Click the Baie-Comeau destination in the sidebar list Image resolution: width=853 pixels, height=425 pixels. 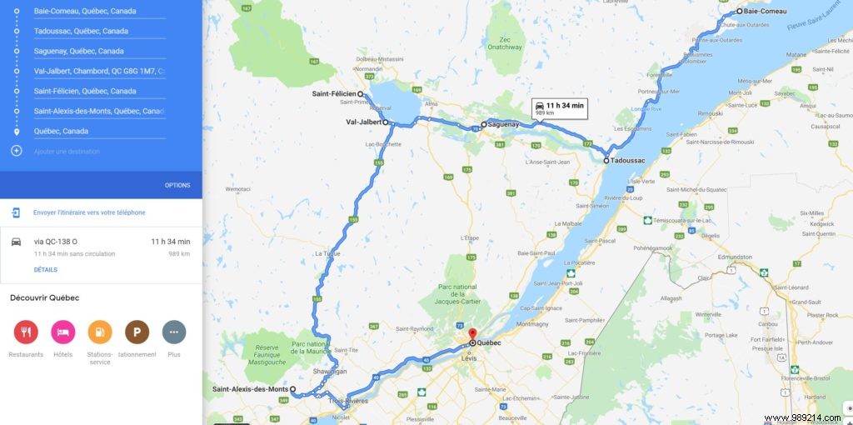[x=85, y=12]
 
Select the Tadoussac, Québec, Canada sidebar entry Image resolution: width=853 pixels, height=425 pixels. [x=81, y=32]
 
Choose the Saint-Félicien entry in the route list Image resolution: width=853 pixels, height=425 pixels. [x=84, y=92]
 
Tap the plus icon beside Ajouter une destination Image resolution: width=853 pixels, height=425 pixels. [x=16, y=151]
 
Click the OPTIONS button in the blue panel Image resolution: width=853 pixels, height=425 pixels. [x=177, y=185]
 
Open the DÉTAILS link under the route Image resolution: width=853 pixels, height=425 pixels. [x=45, y=270]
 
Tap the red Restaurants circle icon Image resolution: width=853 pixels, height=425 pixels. [x=26, y=332]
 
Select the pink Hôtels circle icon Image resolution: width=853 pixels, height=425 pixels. [x=62, y=332]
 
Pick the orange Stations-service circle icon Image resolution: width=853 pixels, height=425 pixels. [x=99, y=332]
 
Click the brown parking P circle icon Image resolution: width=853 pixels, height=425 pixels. [x=137, y=332]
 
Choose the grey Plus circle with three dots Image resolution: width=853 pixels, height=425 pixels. [x=173, y=332]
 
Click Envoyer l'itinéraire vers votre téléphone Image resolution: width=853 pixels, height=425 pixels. [x=89, y=212]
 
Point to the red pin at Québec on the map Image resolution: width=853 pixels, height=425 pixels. [x=472, y=334]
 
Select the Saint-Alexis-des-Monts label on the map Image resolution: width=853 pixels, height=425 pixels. [x=249, y=389]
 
